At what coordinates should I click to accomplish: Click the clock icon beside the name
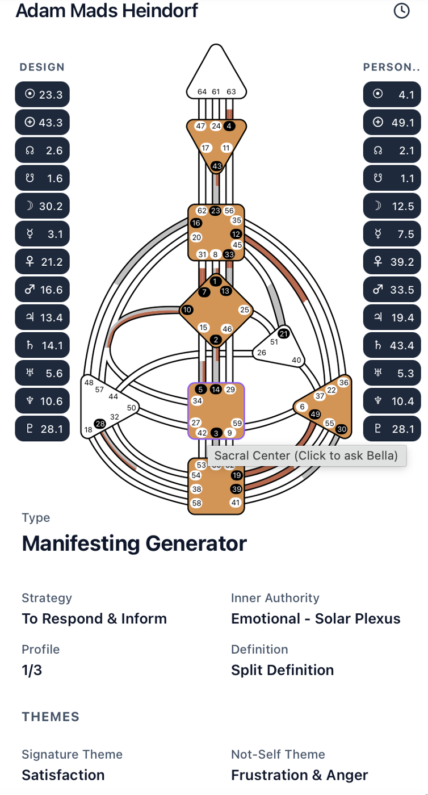[x=401, y=10]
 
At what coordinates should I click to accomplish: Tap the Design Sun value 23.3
[x=43, y=95]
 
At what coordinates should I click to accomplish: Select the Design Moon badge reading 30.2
[x=43, y=206]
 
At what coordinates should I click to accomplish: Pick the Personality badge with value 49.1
[x=392, y=123]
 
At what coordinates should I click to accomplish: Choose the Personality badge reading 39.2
[x=392, y=262]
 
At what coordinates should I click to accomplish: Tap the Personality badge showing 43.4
[x=392, y=345]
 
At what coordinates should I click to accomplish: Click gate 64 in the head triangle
[x=202, y=91]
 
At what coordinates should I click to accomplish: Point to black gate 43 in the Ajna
[x=217, y=166]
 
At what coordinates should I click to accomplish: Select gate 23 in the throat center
[x=215, y=211]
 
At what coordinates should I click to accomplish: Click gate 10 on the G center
[x=187, y=309]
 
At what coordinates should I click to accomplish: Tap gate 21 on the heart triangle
[x=284, y=333]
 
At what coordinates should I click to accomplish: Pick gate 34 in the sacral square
[x=198, y=401]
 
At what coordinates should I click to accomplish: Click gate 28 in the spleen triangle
[x=100, y=424]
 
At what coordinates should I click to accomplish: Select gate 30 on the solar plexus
[x=341, y=429]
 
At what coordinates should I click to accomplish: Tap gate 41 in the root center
[x=236, y=503]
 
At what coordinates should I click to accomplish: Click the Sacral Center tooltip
[x=307, y=455]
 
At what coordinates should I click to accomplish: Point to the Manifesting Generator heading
[x=134, y=543]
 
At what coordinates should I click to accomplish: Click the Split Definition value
[x=282, y=670]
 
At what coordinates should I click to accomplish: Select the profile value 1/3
[x=32, y=670]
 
